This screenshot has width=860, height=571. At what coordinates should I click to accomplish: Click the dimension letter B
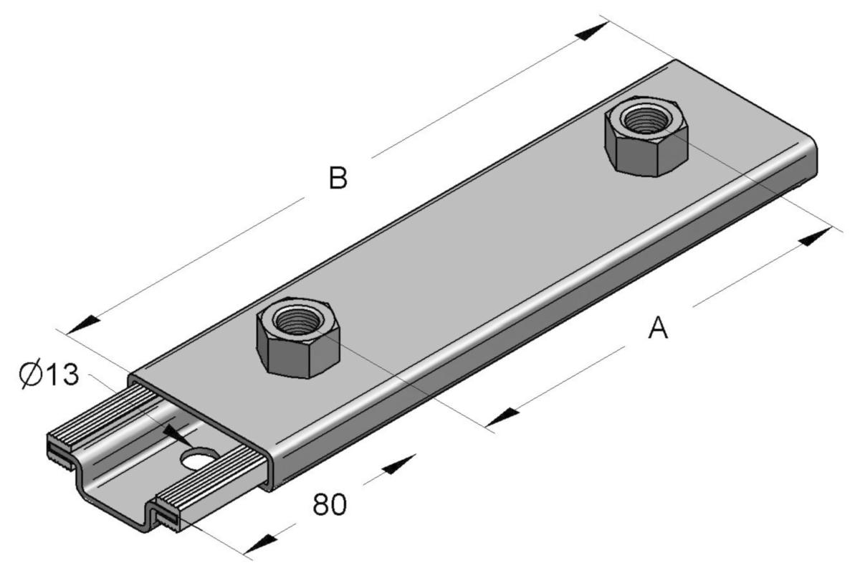coord(338,179)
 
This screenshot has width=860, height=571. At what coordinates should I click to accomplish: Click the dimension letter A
coord(657,329)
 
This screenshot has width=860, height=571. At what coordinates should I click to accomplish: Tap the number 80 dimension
coord(329,505)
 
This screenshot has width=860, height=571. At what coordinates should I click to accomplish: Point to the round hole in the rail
coord(200,458)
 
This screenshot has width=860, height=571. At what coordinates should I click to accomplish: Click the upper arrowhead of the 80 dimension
coord(398,464)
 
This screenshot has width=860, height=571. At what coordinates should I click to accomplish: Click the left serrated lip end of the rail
coord(61,444)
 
